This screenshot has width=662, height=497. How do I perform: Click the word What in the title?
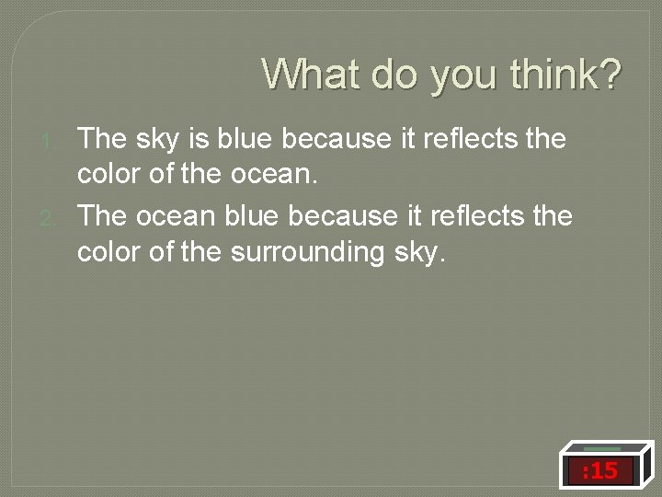point(312,74)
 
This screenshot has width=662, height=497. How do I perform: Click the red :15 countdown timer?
point(599,472)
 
